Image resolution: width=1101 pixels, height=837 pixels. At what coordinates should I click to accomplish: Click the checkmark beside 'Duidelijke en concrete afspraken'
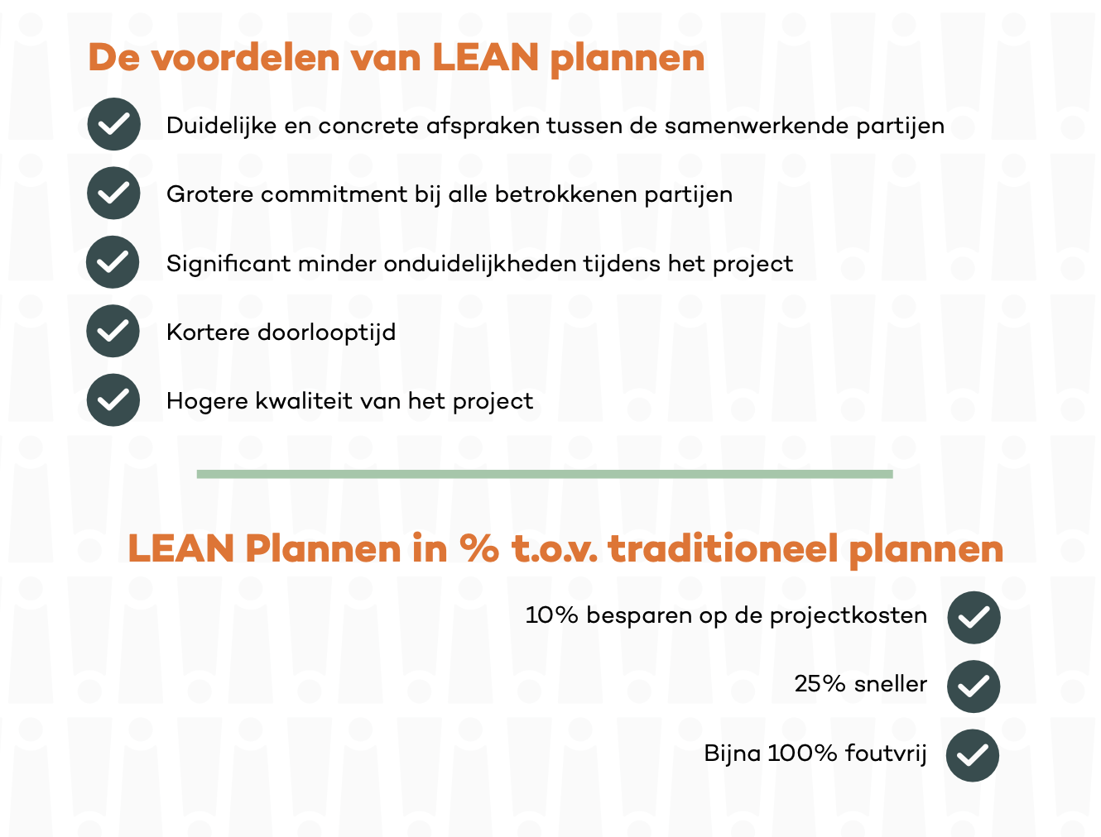114,124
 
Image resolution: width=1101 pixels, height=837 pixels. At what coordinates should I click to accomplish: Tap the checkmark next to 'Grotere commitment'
113,193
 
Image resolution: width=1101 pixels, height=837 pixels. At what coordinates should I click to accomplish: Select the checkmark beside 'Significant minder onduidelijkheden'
113,262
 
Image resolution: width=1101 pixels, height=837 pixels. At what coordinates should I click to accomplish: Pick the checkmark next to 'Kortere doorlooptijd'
113,331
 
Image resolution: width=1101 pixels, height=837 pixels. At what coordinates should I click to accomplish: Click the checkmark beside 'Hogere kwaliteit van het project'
113,400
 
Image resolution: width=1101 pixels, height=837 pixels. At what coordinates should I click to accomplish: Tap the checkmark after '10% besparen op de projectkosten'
974,618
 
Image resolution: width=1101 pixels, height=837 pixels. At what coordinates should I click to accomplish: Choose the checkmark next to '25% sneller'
973,686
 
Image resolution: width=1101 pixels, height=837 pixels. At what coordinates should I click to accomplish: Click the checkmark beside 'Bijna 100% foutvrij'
972,756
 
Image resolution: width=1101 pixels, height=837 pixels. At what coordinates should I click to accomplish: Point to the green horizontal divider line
544,474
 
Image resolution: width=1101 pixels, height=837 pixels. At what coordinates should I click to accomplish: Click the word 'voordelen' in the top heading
246,58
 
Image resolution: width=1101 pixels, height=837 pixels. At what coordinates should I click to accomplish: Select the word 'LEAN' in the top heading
485,58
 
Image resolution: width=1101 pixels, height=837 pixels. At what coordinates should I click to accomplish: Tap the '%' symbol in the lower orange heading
479,548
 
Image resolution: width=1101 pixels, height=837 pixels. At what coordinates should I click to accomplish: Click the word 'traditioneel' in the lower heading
723,548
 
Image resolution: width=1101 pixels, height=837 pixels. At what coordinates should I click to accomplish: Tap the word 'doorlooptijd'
326,333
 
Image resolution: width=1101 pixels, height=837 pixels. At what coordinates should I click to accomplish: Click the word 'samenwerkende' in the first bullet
756,125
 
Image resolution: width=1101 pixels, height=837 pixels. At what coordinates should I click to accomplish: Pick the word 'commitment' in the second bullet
334,194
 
